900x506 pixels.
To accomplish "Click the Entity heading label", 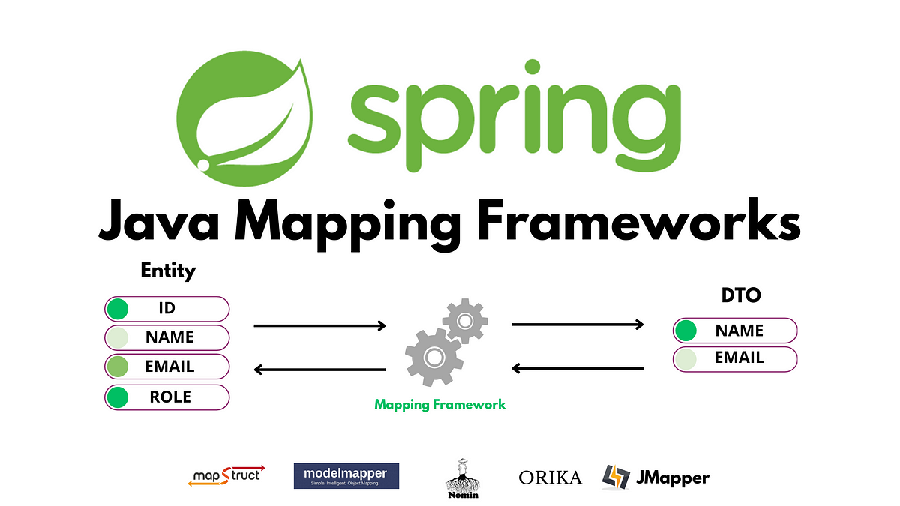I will tap(168, 271).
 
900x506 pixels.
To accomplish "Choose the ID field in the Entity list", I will tap(167, 308).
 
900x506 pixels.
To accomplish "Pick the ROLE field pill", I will tap(167, 397).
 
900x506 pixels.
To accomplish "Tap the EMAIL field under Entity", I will tap(167, 367).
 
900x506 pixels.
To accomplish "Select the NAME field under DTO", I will tap(735, 331).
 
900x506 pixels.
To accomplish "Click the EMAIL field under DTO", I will tap(735, 358).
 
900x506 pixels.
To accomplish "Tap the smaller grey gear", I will tap(465, 321).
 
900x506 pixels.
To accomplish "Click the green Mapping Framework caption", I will tap(440, 404).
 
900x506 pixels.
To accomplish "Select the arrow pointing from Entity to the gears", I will tap(320, 326).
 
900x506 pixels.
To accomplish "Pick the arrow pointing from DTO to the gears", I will tap(577, 368).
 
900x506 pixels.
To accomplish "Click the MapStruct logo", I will tap(226, 475).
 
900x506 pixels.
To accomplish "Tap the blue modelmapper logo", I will tap(346, 475).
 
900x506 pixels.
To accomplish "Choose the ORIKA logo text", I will tap(550, 477).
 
